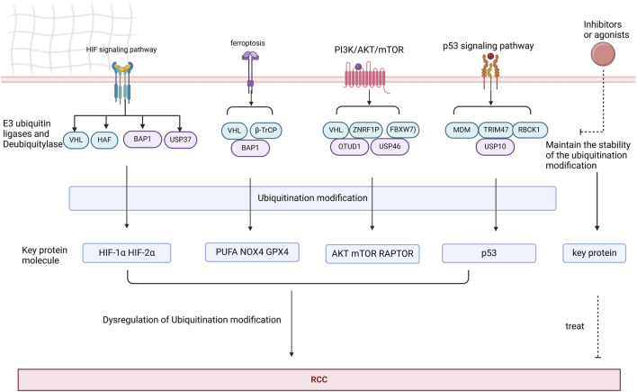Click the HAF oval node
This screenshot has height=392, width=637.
(104, 140)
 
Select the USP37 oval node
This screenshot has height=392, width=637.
(180, 140)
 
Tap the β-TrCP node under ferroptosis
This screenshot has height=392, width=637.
(266, 131)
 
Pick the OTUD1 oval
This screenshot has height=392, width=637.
(349, 147)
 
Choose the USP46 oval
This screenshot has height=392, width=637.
(390, 147)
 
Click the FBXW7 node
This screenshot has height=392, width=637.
(402, 130)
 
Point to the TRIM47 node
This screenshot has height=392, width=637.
(496, 131)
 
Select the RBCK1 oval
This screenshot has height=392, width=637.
(530, 131)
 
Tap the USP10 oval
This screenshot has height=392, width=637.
(495, 147)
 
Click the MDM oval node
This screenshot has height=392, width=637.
(462, 131)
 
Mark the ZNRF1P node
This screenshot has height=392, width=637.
(365, 130)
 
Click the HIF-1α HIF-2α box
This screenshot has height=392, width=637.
(127, 253)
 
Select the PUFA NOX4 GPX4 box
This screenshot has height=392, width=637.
(252, 252)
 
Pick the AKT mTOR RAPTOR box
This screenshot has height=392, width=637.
(372, 253)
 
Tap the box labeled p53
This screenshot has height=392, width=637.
(489, 253)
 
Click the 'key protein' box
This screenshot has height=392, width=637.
(595, 253)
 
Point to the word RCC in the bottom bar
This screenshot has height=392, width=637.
(318, 379)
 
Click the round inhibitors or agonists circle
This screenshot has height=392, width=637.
(603, 54)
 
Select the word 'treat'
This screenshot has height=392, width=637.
(574, 326)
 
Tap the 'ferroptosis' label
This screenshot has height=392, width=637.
(247, 43)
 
